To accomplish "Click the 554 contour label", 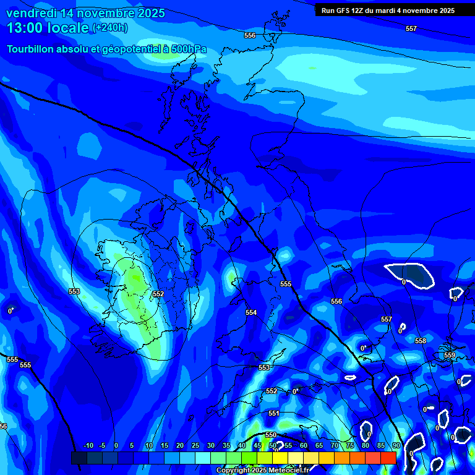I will coord(251,312).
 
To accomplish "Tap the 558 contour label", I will coord(421,341).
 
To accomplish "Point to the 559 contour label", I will coord(450,355).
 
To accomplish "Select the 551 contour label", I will coord(274,413).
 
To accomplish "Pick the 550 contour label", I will coord(271,435).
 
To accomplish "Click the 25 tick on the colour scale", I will coord(195,445).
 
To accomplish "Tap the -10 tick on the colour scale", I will coord(88,445).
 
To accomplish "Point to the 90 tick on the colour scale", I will coord(396,445).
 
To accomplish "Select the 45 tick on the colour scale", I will coord(257,445).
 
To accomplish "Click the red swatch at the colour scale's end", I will coord(388,458).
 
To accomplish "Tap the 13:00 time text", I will coord(24,28).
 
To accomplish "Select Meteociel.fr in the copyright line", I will coord(293,471).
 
